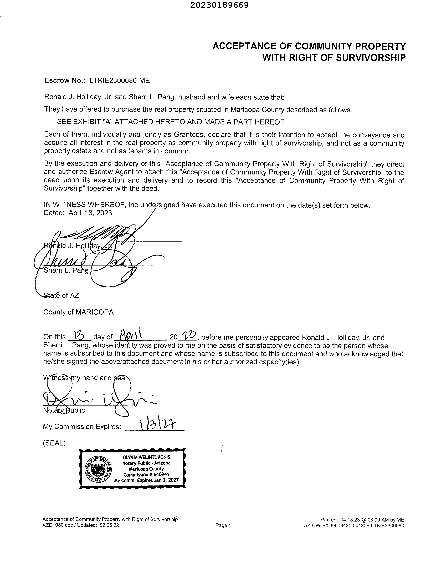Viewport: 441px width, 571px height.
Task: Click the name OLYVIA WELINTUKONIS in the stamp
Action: (146, 457)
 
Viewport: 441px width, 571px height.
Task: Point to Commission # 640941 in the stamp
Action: (146, 474)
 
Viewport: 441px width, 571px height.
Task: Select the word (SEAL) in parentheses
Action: (54, 443)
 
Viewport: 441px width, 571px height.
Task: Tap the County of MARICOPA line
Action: (78, 312)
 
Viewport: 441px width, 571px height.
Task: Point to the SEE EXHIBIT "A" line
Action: (170, 122)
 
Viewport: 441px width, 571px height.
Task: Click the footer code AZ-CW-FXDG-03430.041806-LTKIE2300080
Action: (354, 526)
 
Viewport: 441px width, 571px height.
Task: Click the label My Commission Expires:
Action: (82, 427)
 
